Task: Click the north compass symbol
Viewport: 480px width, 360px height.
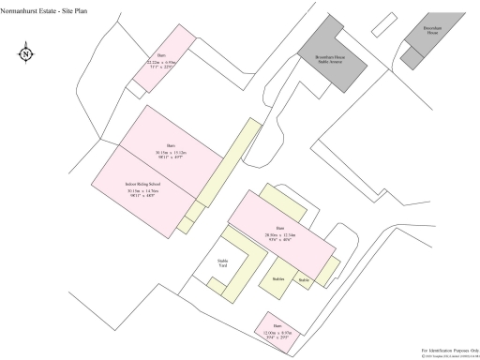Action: (25, 53)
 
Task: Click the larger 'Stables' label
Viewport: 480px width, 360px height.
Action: (278, 279)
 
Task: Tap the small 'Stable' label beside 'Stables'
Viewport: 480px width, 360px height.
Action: (304, 279)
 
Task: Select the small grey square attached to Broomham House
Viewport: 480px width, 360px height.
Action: (412, 58)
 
